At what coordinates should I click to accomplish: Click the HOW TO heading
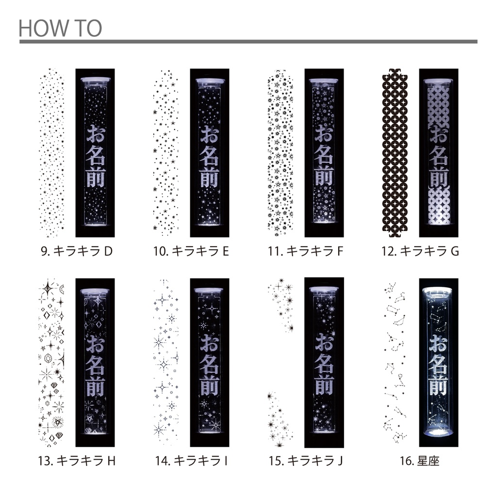click(60, 28)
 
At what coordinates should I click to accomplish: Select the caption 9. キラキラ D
click(77, 251)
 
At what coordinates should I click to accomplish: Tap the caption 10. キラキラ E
click(191, 251)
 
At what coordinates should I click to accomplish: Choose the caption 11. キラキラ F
click(306, 251)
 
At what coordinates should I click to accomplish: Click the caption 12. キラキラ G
click(420, 251)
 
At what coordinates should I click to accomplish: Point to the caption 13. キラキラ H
click(77, 461)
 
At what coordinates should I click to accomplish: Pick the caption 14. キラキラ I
click(191, 461)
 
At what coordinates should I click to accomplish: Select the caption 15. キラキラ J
click(306, 461)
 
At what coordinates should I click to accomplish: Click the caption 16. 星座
click(420, 461)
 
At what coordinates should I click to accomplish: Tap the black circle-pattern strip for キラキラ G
click(395, 153)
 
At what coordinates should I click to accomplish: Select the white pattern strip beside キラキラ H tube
click(51, 363)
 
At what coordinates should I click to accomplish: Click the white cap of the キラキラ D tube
click(95, 80)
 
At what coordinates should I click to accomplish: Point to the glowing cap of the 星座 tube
click(439, 292)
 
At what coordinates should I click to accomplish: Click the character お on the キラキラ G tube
click(439, 134)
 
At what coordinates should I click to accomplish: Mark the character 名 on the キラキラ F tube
click(324, 156)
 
